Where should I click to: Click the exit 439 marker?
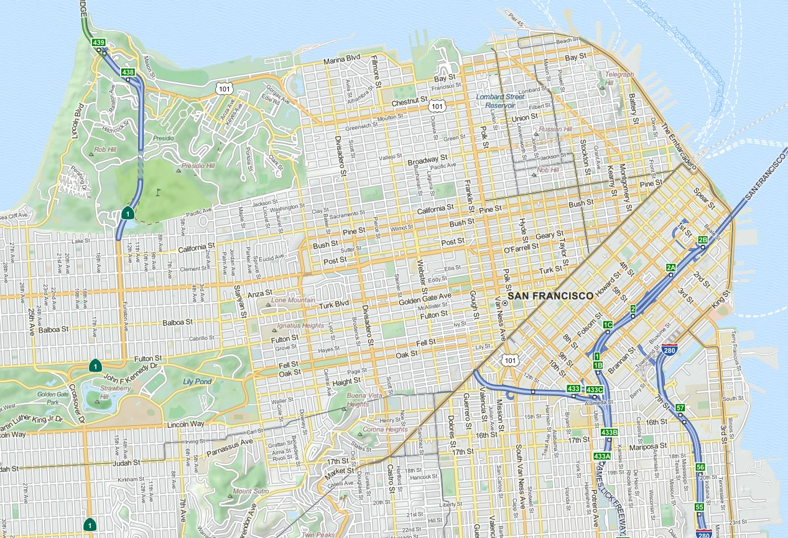[x=98, y=43]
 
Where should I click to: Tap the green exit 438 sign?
[x=128, y=72]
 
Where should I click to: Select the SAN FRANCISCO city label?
[x=550, y=296]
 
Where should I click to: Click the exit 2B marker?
[x=703, y=240]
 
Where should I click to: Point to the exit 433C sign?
[x=595, y=390]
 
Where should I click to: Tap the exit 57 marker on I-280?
[x=680, y=408]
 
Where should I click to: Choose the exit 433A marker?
[x=602, y=456]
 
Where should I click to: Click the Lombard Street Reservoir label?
[x=501, y=101]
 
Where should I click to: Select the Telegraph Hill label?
[x=619, y=78]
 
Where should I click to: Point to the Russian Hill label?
[x=555, y=130]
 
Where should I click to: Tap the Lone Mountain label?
[x=292, y=300]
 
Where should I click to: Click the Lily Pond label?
[x=197, y=382]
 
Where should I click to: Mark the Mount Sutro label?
[x=251, y=491]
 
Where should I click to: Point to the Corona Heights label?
[x=386, y=429]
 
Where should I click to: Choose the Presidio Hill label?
[x=198, y=166]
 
